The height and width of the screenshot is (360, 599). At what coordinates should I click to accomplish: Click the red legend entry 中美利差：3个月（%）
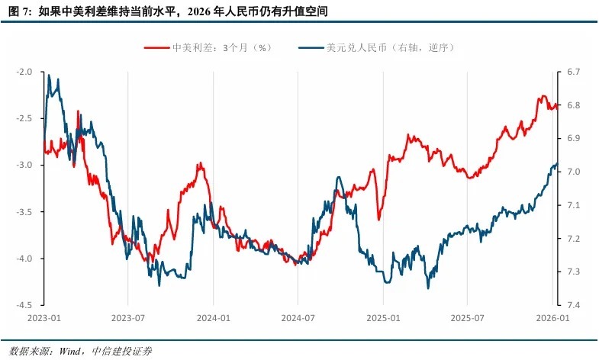click(221, 47)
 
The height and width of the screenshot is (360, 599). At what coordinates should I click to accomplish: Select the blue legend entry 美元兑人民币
click(389, 47)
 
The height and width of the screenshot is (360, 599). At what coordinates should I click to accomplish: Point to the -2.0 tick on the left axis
click(24, 72)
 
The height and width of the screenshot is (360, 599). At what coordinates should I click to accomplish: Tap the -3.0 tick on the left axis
click(24, 166)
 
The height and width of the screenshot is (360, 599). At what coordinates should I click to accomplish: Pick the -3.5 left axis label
click(24, 212)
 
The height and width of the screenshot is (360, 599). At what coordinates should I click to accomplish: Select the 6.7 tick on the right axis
click(573, 72)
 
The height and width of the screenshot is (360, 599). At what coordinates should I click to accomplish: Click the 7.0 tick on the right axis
click(573, 172)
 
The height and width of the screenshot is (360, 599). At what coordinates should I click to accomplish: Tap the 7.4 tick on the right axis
click(573, 305)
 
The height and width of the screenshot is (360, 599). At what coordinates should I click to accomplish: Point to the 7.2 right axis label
click(573, 239)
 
